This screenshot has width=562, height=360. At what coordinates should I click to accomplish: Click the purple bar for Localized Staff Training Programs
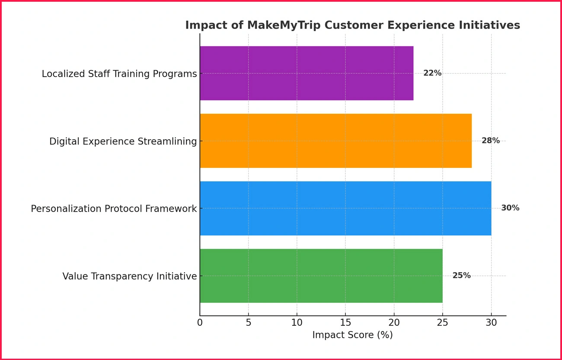click(x=306, y=73)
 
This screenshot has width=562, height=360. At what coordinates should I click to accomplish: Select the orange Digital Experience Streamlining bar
click(x=335, y=141)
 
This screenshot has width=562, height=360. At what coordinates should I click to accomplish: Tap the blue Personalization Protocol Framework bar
click(x=345, y=208)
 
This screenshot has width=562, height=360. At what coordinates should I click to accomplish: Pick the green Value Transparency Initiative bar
click(x=321, y=276)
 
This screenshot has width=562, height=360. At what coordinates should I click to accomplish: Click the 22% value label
click(x=432, y=73)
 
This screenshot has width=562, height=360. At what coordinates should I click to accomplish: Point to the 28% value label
click(x=491, y=141)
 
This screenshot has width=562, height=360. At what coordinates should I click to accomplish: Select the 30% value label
click(x=510, y=208)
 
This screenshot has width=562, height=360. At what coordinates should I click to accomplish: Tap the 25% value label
click(x=461, y=276)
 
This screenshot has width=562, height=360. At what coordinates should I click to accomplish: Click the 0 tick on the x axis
click(x=200, y=323)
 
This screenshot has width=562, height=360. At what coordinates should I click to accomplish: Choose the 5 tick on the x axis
click(x=248, y=323)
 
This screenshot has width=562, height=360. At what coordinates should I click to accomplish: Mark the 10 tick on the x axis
click(x=297, y=323)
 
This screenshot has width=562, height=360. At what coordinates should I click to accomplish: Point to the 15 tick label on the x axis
click(x=345, y=323)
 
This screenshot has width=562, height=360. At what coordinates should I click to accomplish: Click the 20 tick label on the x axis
click(x=394, y=323)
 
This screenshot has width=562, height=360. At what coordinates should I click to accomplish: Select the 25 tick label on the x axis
click(x=443, y=323)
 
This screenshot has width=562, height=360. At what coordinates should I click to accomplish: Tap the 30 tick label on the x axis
click(x=491, y=323)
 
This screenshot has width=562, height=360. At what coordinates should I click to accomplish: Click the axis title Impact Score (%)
click(x=352, y=335)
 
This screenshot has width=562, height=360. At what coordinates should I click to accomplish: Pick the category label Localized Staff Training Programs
click(x=119, y=74)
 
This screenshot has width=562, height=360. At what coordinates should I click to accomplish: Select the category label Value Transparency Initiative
click(x=130, y=276)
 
